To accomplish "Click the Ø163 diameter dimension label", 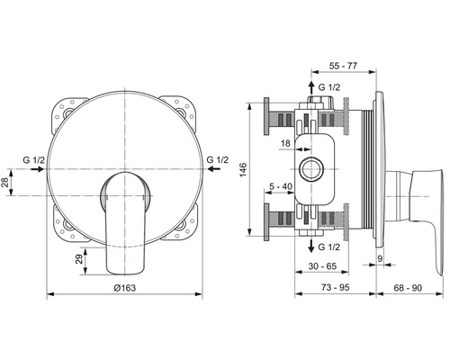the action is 125,288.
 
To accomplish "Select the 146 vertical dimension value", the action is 243,169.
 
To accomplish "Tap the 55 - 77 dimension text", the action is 343,66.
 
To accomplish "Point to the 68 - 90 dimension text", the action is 408,288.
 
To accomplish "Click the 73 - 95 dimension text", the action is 336,287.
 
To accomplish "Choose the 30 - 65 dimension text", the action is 322,266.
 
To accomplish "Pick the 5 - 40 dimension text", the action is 281,186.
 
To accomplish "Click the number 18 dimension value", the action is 285,143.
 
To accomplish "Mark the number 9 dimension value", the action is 380,258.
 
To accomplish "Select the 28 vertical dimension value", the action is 5,183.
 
